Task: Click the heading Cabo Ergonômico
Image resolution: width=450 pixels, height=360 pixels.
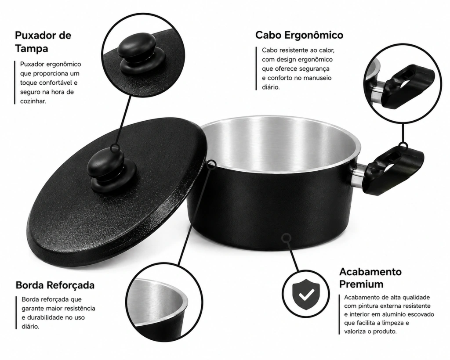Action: [299, 35]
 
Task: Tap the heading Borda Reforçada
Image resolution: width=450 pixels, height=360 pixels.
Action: [55, 285]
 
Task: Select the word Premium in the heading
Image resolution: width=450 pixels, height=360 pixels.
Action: [361, 284]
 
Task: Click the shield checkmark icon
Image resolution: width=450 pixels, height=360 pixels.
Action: [306, 294]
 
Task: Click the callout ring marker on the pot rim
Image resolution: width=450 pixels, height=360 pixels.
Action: [212, 164]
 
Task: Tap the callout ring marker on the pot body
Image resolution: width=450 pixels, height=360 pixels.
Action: [286, 238]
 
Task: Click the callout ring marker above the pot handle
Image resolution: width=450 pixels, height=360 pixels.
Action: [403, 146]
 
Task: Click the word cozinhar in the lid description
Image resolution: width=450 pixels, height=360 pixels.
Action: [33, 101]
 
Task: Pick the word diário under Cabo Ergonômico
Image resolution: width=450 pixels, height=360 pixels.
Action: [270, 87]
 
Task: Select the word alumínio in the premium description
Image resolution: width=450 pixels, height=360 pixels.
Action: [393, 314]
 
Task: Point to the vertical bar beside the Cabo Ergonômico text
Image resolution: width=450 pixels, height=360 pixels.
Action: [256, 68]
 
